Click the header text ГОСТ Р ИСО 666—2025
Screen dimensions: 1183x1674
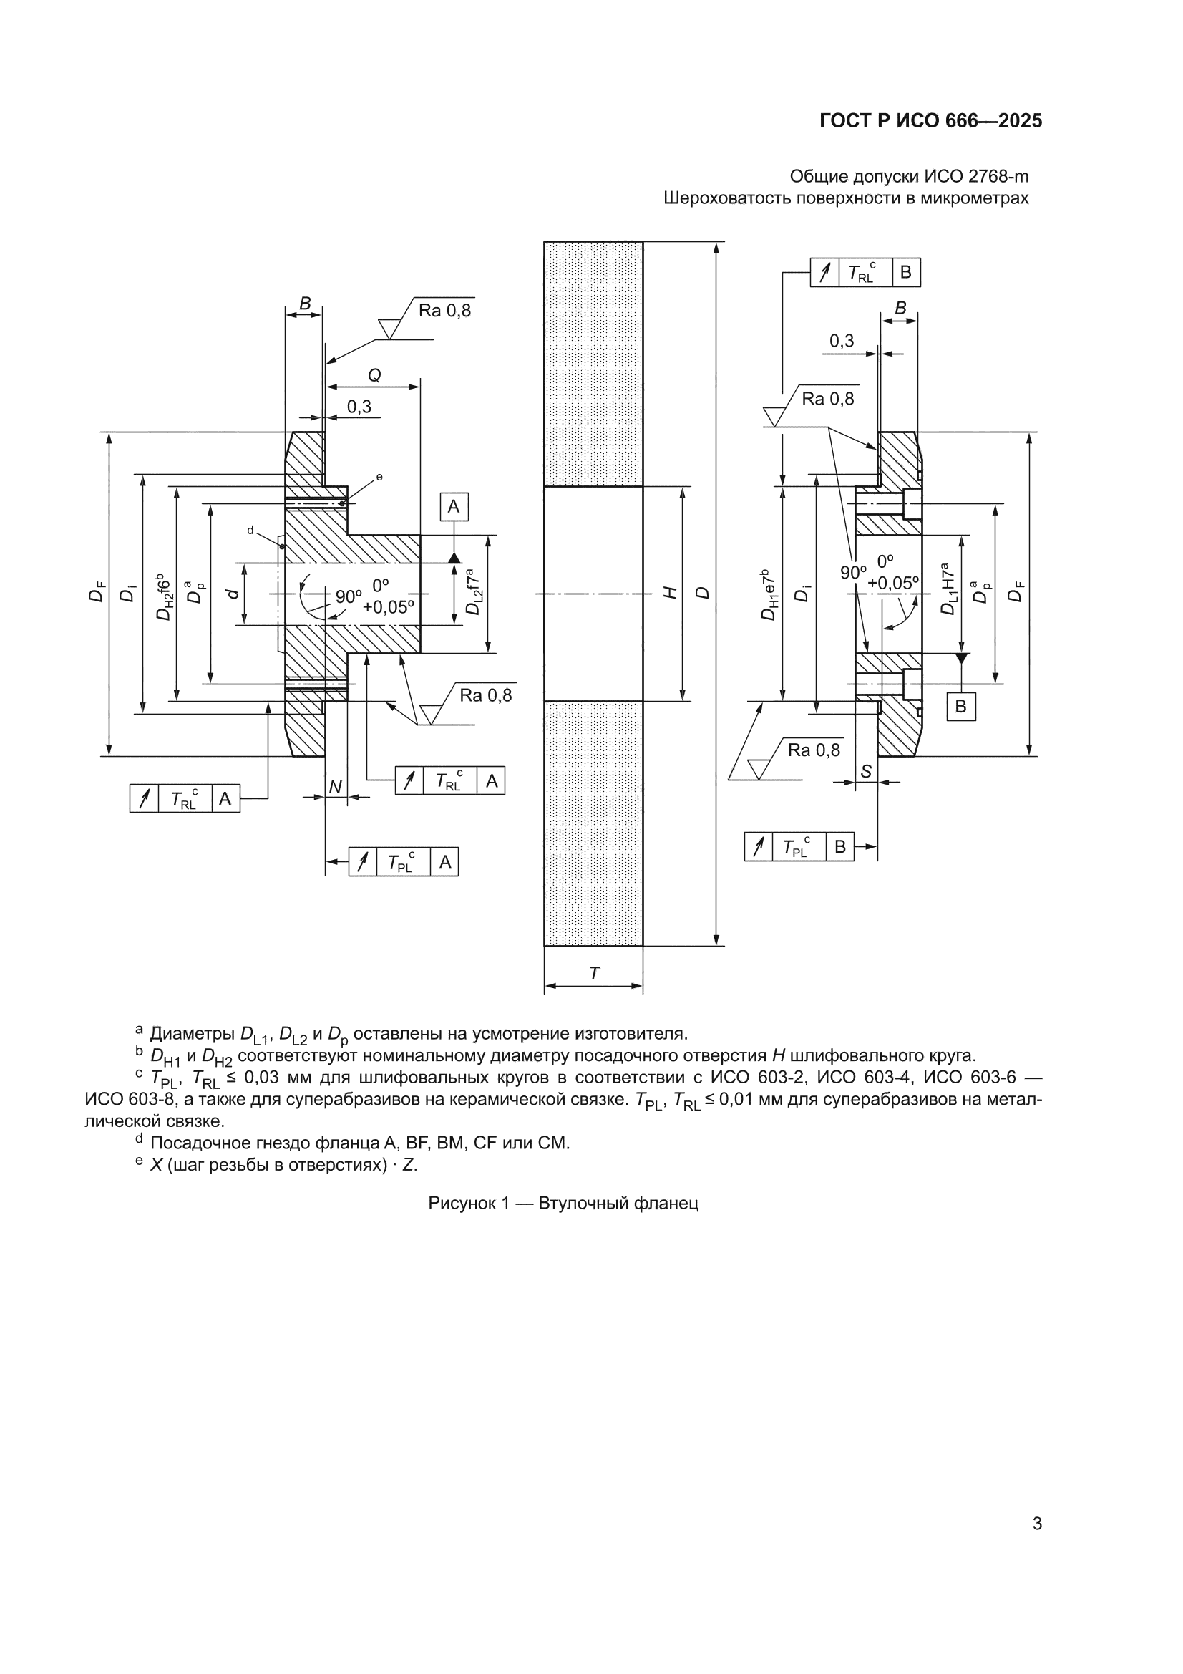pyautogui.click(x=931, y=121)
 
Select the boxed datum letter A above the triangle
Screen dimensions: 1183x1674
pyautogui.click(x=453, y=507)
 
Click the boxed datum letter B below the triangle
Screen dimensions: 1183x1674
pyautogui.click(x=960, y=706)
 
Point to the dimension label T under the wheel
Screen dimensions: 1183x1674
pyautogui.click(x=594, y=973)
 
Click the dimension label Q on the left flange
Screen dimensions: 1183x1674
pyautogui.click(x=374, y=374)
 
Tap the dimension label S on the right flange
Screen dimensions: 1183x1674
pyautogui.click(x=866, y=771)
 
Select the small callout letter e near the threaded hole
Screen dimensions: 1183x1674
pyautogui.click(x=379, y=477)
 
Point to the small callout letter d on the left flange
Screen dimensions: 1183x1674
pyautogui.click(x=250, y=530)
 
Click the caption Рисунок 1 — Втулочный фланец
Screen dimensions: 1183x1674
pyautogui.click(x=563, y=1203)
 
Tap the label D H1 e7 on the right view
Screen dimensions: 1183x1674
pyautogui.click(x=769, y=594)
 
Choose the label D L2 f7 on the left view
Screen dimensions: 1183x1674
pyautogui.click(x=473, y=592)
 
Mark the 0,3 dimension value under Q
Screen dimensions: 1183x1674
pyautogui.click(x=359, y=406)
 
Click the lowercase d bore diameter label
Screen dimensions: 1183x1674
pyautogui.click(x=232, y=594)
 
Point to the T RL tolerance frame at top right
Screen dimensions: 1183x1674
pyautogui.click(x=865, y=273)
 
